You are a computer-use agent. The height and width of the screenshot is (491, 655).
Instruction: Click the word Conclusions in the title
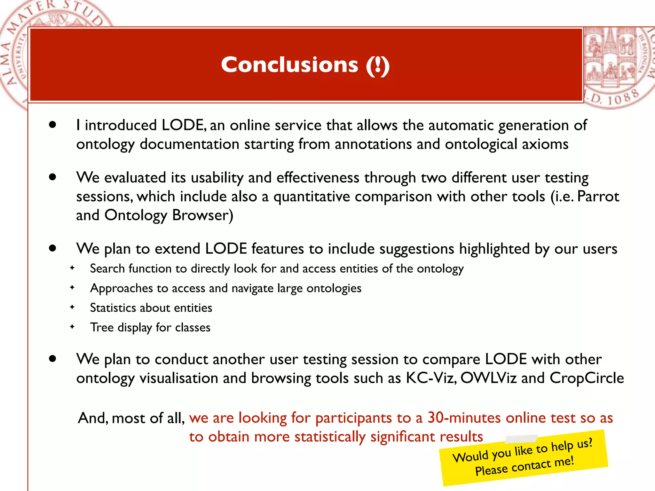pyautogui.click(x=289, y=65)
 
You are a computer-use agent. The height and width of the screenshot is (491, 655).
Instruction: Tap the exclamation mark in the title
pyautogui.click(x=378, y=66)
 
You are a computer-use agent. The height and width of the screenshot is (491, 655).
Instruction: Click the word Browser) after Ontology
pyautogui.click(x=203, y=215)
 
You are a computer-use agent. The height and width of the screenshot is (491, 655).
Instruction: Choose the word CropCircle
pyautogui.click(x=587, y=378)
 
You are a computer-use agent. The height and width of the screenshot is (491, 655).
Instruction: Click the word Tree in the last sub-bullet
pyautogui.click(x=102, y=327)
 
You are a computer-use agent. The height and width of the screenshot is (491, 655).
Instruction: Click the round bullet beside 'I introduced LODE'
pyautogui.click(x=53, y=125)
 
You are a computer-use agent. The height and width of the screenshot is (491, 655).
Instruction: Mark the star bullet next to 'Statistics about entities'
pyautogui.click(x=72, y=307)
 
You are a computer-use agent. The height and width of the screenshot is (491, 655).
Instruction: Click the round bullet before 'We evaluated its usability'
pyautogui.click(x=53, y=177)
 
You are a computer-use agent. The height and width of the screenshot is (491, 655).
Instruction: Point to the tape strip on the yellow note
pyautogui.click(x=521, y=439)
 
